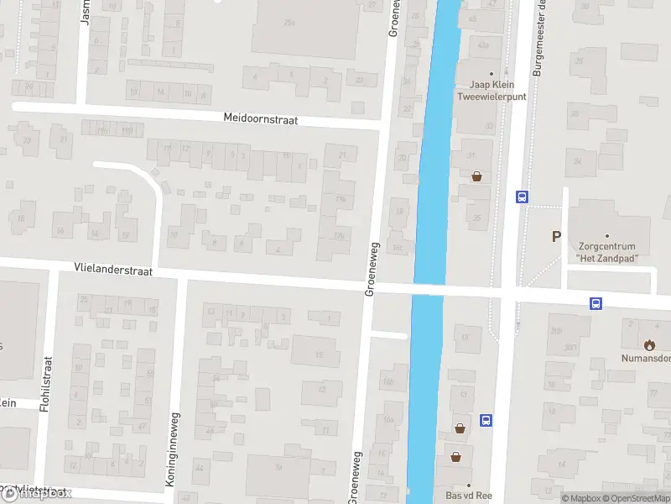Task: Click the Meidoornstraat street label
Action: (x=261, y=119)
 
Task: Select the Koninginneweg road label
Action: (x=176, y=444)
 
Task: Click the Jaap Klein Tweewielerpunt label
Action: (x=491, y=90)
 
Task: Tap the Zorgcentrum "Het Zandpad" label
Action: (x=607, y=252)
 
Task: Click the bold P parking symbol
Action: (x=555, y=237)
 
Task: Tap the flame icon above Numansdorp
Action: (x=648, y=344)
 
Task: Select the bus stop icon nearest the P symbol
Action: (x=522, y=197)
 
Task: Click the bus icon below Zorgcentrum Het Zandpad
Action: (x=596, y=303)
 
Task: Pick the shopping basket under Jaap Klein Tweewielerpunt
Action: (x=477, y=176)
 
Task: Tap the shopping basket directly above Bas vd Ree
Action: (x=455, y=457)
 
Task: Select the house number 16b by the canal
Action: (x=388, y=382)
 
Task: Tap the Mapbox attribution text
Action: (x=584, y=498)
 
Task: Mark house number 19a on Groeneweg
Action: (x=341, y=198)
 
